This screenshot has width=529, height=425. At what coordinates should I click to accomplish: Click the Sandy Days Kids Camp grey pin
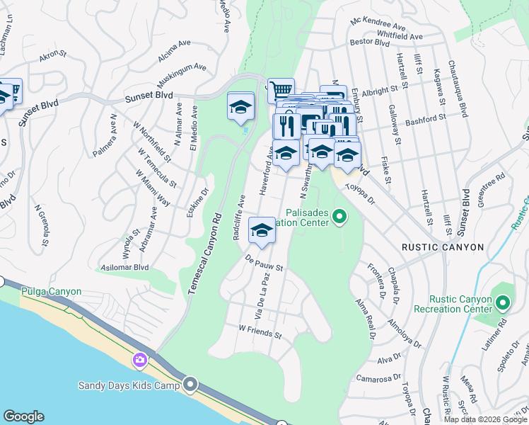[190, 385]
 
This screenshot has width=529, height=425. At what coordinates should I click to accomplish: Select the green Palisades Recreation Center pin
[339, 215]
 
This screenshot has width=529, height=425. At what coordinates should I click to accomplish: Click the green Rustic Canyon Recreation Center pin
[503, 304]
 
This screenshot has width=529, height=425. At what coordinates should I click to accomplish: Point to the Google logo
[23, 416]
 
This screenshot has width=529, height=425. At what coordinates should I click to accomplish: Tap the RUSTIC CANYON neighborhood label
[442, 247]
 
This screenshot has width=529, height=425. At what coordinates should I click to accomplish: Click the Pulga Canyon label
[51, 291]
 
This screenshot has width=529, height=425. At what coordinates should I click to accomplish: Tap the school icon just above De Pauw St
[262, 230]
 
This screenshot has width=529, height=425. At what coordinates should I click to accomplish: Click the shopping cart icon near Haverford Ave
[281, 90]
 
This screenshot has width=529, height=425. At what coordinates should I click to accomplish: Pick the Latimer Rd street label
[501, 339]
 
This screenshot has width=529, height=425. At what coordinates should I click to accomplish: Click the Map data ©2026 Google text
[484, 419]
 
